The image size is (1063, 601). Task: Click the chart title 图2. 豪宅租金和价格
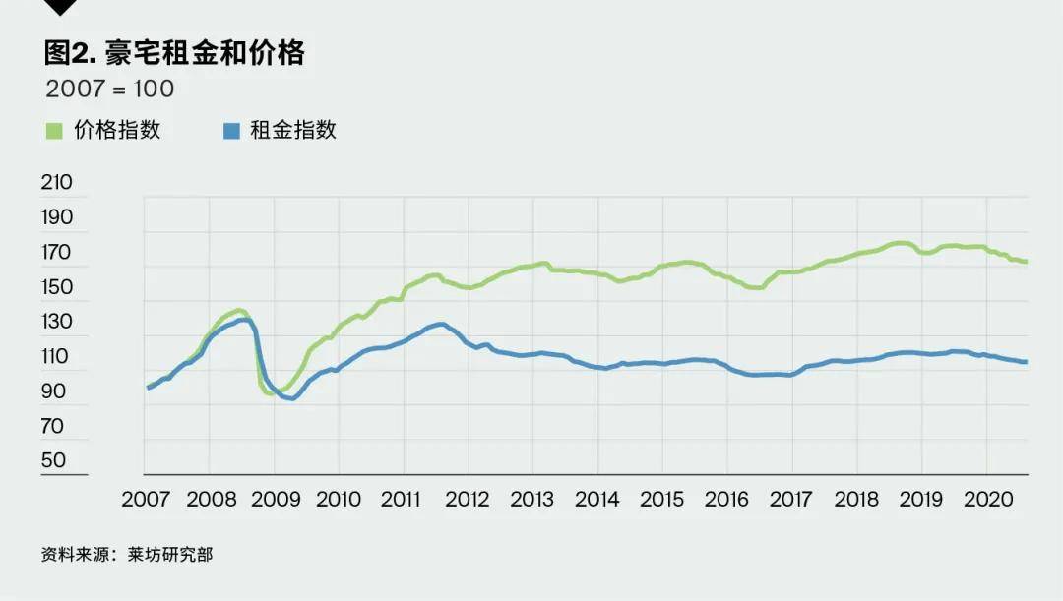point(174,53)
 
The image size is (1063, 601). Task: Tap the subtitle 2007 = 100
point(109,89)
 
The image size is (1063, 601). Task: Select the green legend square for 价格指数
point(54,130)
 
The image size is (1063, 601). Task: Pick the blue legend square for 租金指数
point(232,130)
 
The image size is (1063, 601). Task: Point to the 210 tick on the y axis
point(57,182)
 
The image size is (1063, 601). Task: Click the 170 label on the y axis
point(57,252)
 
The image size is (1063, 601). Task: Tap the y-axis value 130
point(57,322)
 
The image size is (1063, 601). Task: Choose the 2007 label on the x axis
point(146,499)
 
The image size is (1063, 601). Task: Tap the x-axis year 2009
point(275,499)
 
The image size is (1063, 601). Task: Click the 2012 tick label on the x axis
point(469,499)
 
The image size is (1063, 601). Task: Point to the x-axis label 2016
point(727,499)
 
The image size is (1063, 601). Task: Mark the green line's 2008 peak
point(239,311)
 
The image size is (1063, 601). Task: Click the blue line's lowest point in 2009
point(292,397)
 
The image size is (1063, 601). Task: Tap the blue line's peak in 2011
point(440,324)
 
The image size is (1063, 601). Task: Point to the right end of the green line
point(1026,262)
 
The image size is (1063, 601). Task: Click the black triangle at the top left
point(61,7)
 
